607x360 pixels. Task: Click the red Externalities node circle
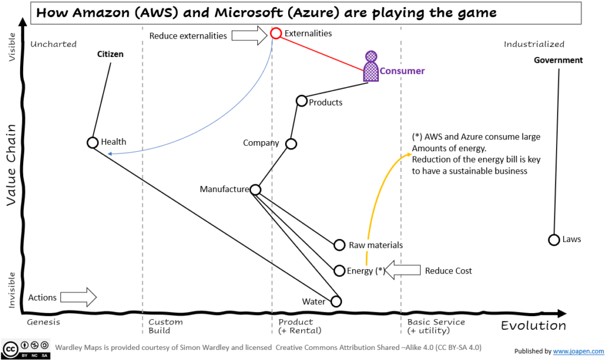coord(276,33)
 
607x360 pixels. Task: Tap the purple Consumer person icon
coord(371,66)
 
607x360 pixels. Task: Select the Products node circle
coord(301,101)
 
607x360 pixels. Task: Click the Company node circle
coord(291,144)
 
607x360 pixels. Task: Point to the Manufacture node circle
coord(255,190)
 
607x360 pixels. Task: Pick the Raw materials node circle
coord(339,245)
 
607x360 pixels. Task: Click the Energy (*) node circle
coord(339,270)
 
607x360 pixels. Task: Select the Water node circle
coord(336,301)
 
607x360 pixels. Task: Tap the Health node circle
coord(92,142)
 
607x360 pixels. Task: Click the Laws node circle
coord(554,240)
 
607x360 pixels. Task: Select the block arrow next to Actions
coord(78,297)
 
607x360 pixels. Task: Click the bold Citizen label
coord(110,55)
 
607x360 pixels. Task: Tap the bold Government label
coord(558,60)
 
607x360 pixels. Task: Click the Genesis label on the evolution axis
coord(44,322)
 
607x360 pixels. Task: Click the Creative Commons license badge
coord(26,349)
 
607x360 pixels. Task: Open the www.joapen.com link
coord(579,351)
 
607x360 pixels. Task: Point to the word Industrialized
coord(533,44)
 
